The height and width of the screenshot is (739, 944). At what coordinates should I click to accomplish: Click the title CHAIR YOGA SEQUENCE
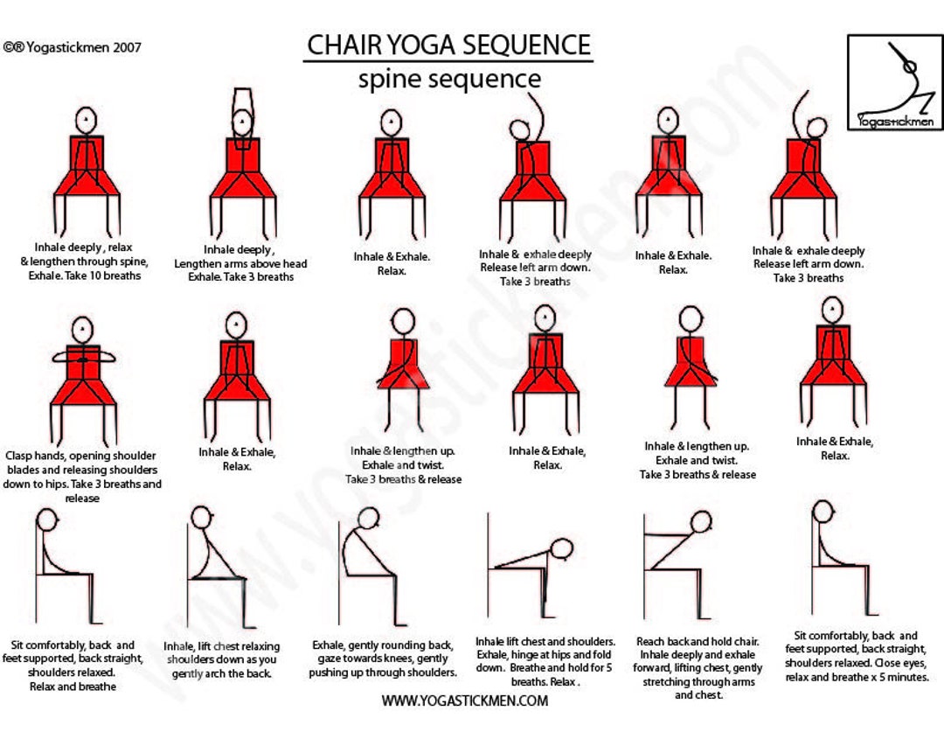coord(448,44)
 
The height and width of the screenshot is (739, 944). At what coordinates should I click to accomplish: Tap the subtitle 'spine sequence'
coord(448,79)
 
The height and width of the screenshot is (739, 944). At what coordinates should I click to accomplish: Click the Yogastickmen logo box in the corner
coord(894,82)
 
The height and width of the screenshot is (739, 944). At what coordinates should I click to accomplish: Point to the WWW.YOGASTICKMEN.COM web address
coord(464,701)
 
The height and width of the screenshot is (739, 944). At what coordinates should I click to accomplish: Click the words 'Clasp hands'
coord(32,456)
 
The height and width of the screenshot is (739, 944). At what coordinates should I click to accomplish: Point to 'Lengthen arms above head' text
coord(240,263)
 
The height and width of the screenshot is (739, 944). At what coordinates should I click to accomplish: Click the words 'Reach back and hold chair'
coord(698,641)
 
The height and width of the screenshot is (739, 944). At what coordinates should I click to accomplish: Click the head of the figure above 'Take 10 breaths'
coord(86,119)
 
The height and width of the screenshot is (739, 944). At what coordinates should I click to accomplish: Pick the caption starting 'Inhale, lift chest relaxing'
coord(221,646)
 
